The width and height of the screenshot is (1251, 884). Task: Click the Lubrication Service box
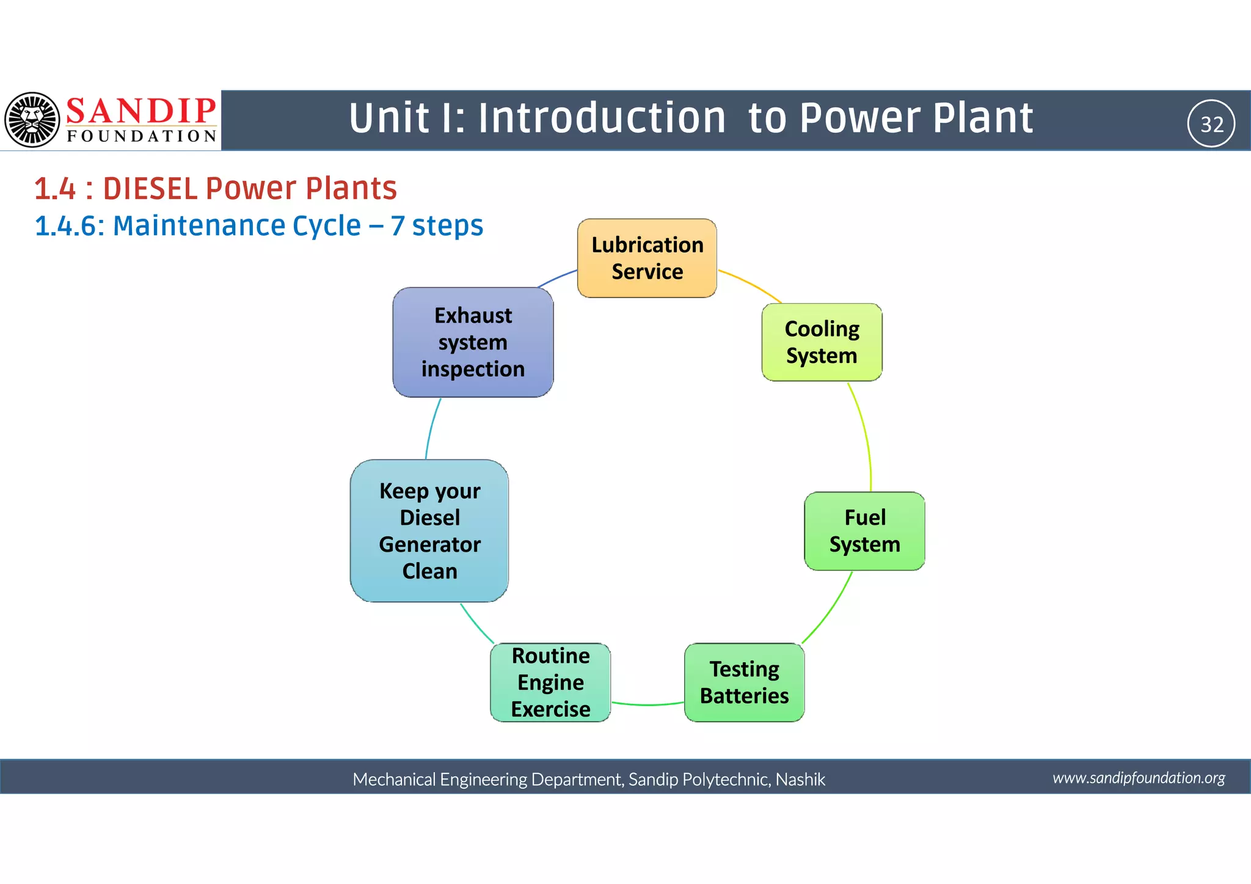pyautogui.click(x=647, y=258)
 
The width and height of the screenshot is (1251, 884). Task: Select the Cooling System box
pyautogui.click(x=822, y=342)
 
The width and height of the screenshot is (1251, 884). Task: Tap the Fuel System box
pyautogui.click(x=864, y=531)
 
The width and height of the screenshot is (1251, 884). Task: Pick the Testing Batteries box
pyautogui.click(x=744, y=682)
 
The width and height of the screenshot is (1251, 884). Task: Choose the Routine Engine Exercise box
pyautogui.click(x=550, y=682)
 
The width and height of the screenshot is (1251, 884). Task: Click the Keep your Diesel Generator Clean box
pyautogui.click(x=429, y=531)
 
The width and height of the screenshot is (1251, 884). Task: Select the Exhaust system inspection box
pyautogui.click(x=473, y=342)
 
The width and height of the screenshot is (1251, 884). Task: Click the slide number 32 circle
pyautogui.click(x=1211, y=124)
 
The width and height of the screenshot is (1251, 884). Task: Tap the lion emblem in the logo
pyautogui.click(x=32, y=120)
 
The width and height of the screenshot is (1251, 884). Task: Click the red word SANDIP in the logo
pyautogui.click(x=141, y=111)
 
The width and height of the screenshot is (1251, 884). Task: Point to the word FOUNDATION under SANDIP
pyautogui.click(x=141, y=136)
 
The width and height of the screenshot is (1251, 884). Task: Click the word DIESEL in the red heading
pyautogui.click(x=149, y=188)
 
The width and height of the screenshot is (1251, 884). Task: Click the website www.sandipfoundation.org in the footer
pyautogui.click(x=1139, y=778)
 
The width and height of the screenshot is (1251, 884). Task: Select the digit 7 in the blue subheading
pyautogui.click(x=398, y=225)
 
